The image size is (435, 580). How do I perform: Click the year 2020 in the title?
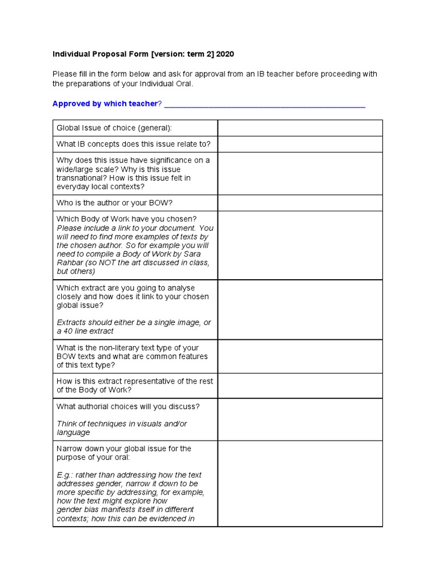pos(224,54)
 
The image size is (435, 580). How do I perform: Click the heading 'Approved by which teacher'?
pos(104,104)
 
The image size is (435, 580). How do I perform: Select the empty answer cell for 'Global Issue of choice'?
pos(300,128)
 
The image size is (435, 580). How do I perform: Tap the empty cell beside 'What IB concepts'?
pos(300,144)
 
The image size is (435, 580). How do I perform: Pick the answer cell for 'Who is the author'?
pos(300,203)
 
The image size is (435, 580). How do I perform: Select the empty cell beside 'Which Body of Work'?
pos(300,245)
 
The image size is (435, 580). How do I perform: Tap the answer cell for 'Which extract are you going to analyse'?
pos(300,309)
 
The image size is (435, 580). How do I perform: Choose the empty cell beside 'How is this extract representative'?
pos(300,386)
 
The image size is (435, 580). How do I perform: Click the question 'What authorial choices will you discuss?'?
pos(128,407)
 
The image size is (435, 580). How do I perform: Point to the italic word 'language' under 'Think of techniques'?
pos(73,432)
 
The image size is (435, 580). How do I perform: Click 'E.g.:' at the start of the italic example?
pos(65,475)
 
